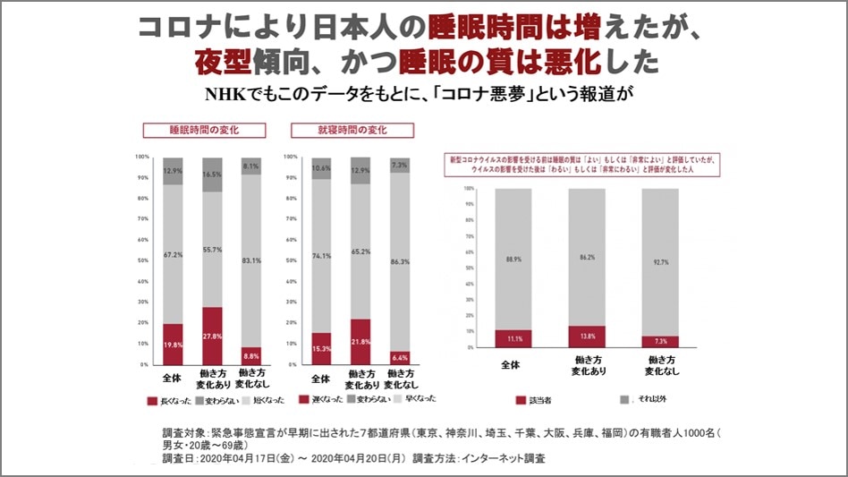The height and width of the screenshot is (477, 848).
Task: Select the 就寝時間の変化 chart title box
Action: point(352,131)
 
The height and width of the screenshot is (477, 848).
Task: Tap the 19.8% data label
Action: point(173,345)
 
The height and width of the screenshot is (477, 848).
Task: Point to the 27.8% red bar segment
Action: point(211,336)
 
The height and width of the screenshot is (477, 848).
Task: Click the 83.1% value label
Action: point(250,260)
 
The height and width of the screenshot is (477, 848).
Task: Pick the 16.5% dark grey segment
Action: point(211,175)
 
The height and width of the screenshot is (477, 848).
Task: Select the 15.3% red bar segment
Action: point(321,349)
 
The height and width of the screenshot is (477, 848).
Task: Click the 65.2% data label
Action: point(360,253)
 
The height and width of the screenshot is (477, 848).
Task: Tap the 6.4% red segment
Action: point(398,358)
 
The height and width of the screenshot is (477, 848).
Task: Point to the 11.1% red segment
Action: point(513,338)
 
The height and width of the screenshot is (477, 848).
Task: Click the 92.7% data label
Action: point(659,261)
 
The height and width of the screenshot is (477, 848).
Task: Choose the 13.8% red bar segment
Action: point(586,336)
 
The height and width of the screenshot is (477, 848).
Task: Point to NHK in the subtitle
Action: point(225,95)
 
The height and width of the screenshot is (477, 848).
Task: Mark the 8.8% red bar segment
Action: point(250,355)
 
